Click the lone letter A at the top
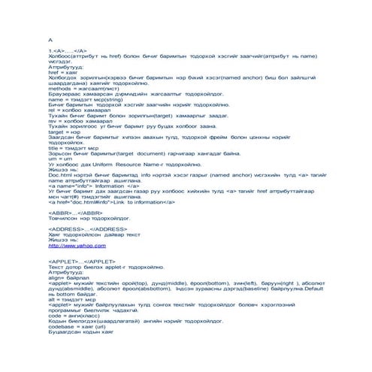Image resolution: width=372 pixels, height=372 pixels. (50, 38)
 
